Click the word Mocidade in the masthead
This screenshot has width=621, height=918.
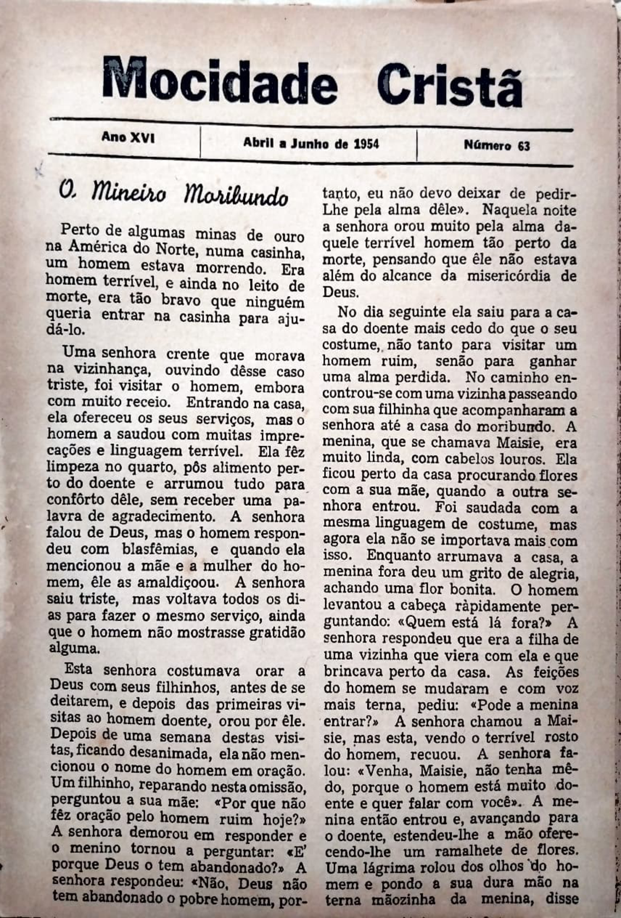[x=220, y=81]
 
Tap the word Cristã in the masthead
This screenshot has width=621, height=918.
[x=449, y=83]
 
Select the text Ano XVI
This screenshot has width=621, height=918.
[x=128, y=137]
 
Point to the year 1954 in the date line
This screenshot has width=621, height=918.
[x=366, y=144]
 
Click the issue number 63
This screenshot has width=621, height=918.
[x=523, y=146]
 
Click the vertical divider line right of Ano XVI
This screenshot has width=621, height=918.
[x=200, y=142]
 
